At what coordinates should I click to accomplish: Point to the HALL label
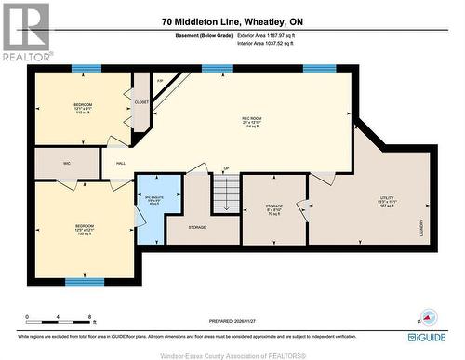click(121, 163)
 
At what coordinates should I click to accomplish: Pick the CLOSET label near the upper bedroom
click(141, 102)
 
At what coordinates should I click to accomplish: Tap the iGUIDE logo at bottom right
click(427, 337)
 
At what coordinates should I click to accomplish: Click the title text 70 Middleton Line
click(232, 21)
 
